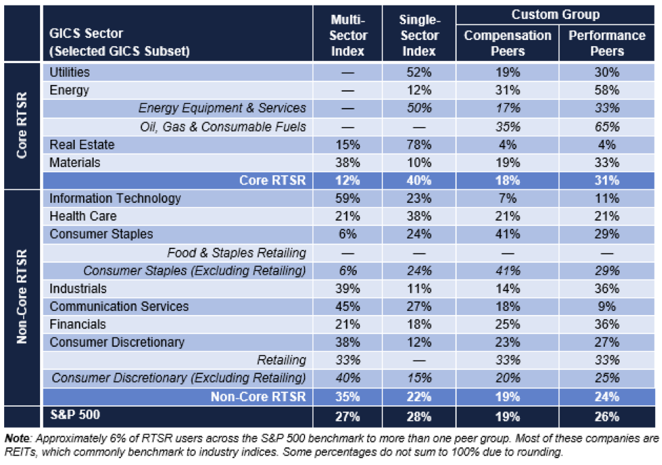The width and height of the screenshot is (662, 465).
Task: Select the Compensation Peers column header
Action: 507,43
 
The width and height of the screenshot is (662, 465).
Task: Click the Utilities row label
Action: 69,72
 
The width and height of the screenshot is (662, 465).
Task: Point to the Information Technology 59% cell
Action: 348,199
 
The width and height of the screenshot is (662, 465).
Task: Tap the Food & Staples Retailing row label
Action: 237,253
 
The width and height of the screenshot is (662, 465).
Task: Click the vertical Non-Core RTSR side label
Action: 22,296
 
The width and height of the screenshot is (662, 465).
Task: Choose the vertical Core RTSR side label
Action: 22,126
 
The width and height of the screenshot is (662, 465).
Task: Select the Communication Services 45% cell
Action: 348,307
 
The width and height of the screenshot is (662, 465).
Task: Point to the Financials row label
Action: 78,324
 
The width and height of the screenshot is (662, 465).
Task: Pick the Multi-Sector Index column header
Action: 348,36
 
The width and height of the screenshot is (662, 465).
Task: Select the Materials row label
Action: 75,163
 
